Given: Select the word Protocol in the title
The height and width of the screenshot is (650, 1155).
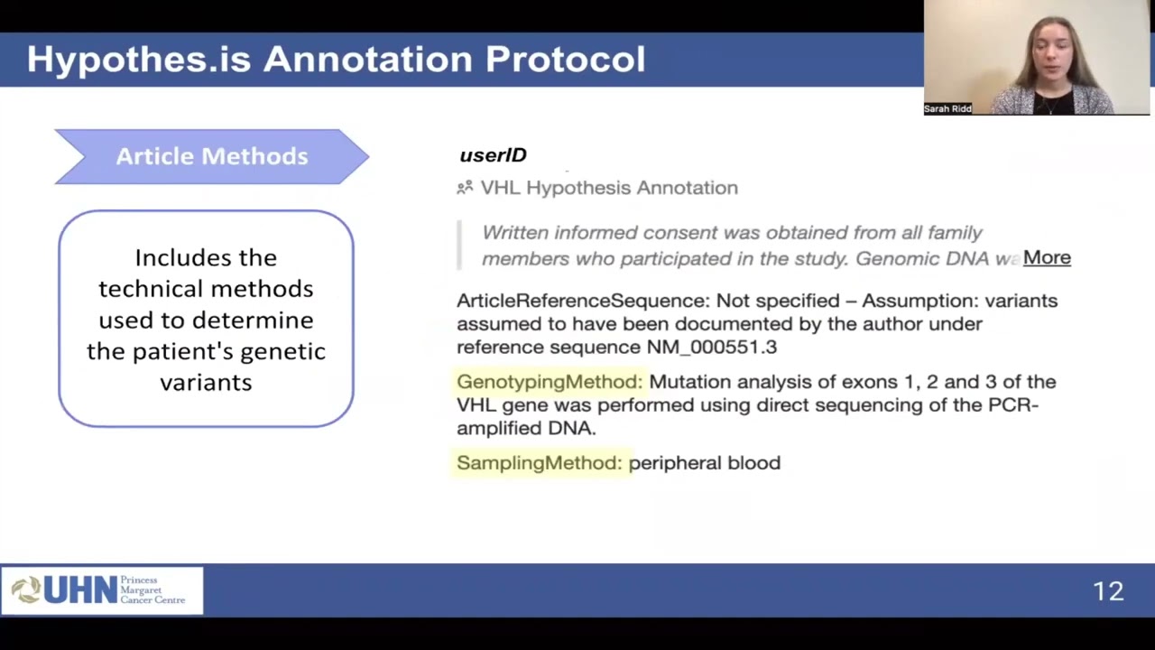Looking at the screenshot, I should (x=565, y=60).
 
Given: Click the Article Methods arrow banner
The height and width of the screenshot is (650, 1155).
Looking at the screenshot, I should (x=211, y=156).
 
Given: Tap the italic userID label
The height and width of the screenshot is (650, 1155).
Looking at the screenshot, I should (x=493, y=155).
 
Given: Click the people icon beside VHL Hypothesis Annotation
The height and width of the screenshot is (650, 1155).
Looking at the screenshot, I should (x=465, y=188).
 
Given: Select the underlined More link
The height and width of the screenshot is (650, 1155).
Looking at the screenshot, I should (x=1047, y=258).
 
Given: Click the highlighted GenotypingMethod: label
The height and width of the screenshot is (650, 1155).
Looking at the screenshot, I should (x=549, y=382).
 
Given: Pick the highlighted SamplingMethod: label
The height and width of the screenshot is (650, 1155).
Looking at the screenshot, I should (x=539, y=463).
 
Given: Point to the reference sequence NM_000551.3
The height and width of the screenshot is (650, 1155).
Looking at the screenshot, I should (x=711, y=348).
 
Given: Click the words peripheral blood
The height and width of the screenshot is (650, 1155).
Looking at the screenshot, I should (x=704, y=463).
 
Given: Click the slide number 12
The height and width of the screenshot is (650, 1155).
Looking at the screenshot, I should (x=1107, y=591).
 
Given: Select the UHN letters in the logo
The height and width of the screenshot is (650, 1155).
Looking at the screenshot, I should (x=80, y=590).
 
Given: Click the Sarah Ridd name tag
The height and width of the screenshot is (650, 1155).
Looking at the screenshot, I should (x=947, y=108).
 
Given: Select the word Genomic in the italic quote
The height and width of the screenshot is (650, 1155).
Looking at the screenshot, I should (x=889, y=259).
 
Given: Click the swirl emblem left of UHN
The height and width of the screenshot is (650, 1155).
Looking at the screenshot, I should (x=26, y=590).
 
